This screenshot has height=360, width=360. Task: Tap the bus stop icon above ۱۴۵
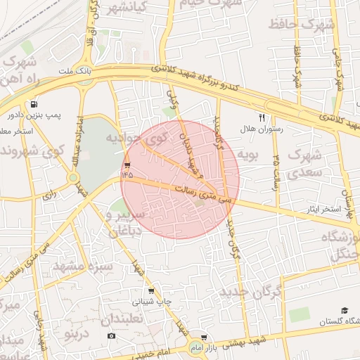pos(127,157)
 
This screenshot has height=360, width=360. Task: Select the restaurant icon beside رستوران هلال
pos(262,118)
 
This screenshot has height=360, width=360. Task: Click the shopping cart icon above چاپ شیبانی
pos(150,290)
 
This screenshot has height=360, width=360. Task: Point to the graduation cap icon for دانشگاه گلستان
pos(345,310)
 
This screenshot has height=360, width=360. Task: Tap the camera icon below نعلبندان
pos(111,336)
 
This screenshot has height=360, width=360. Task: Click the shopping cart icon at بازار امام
pos(204,337)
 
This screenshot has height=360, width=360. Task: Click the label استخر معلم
pos(13,131)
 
